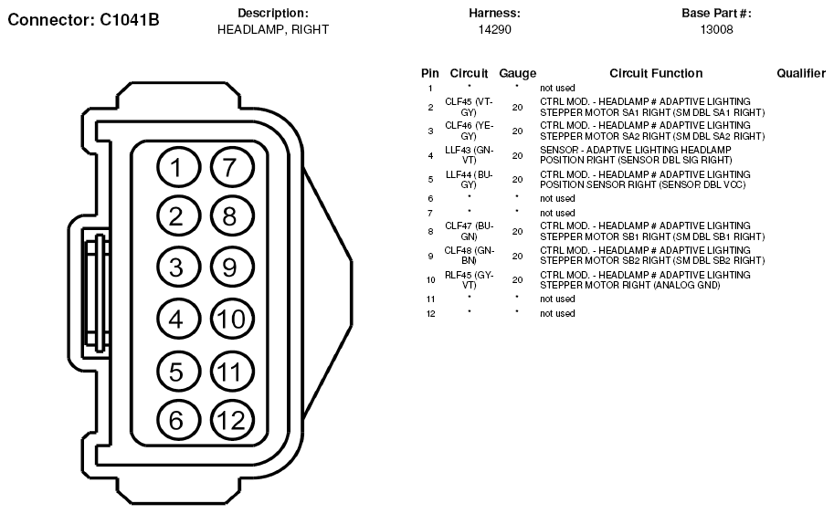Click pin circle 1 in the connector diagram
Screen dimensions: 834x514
[178, 167]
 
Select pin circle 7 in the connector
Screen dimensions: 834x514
[232, 167]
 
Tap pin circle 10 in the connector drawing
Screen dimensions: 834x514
[232, 319]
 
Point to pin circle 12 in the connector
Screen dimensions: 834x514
[232, 420]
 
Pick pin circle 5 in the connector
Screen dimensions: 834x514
[178, 371]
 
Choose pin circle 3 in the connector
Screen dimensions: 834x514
[178, 267]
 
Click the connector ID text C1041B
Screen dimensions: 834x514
[129, 20]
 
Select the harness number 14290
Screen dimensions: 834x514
[494, 30]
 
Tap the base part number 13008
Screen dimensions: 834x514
[716, 30]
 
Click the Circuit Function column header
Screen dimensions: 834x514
[656, 73]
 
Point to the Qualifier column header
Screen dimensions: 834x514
[801, 73]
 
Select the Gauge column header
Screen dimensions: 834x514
[518, 74]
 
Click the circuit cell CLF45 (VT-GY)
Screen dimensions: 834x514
[469, 107]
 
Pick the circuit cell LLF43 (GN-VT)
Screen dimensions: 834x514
[469, 155]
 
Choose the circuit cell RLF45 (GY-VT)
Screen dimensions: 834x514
[469, 279]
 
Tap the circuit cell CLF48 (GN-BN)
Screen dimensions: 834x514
[469, 255]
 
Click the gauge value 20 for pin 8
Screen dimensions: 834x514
[518, 232]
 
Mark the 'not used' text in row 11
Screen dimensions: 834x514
[557, 299]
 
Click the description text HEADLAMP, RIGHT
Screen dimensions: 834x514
[273, 30]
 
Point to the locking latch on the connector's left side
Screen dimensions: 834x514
[96, 292]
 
